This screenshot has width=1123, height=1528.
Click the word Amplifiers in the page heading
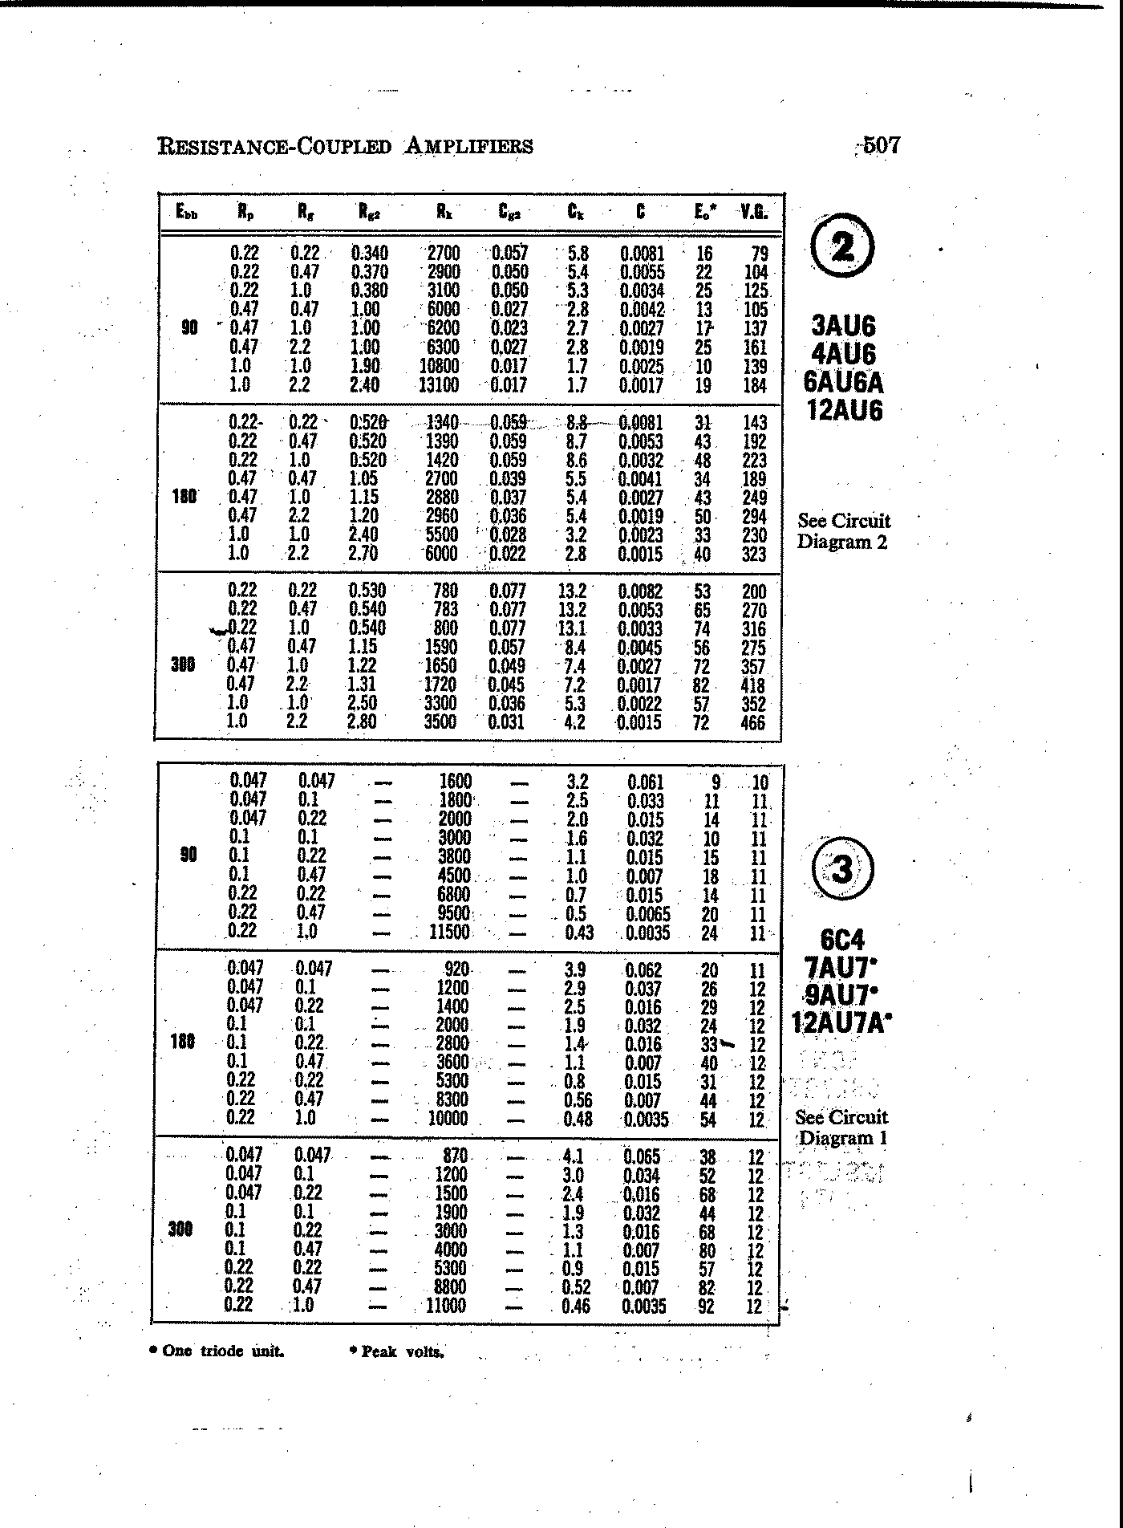[468, 146]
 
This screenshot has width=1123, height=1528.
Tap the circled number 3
[842, 870]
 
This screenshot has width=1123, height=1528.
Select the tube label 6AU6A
[843, 382]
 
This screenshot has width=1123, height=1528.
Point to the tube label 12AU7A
[841, 1023]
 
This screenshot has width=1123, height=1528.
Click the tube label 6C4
[842, 940]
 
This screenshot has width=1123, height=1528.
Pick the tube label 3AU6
[843, 327]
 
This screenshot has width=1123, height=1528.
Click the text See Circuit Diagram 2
[843, 531]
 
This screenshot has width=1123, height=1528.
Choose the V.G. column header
[754, 212]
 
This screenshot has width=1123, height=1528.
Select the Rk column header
[444, 212]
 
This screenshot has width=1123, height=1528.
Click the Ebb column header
[186, 213]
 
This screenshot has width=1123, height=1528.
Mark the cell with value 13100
[439, 385]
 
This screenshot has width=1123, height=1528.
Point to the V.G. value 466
[753, 722]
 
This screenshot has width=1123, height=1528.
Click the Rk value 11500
[448, 933]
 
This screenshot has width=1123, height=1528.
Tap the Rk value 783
[445, 610]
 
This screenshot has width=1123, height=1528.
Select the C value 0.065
[642, 1156]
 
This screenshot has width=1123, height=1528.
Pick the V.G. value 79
[758, 254]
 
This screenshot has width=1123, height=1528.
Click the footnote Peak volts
[397, 1351]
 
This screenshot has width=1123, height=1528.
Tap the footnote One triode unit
[217, 1351]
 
